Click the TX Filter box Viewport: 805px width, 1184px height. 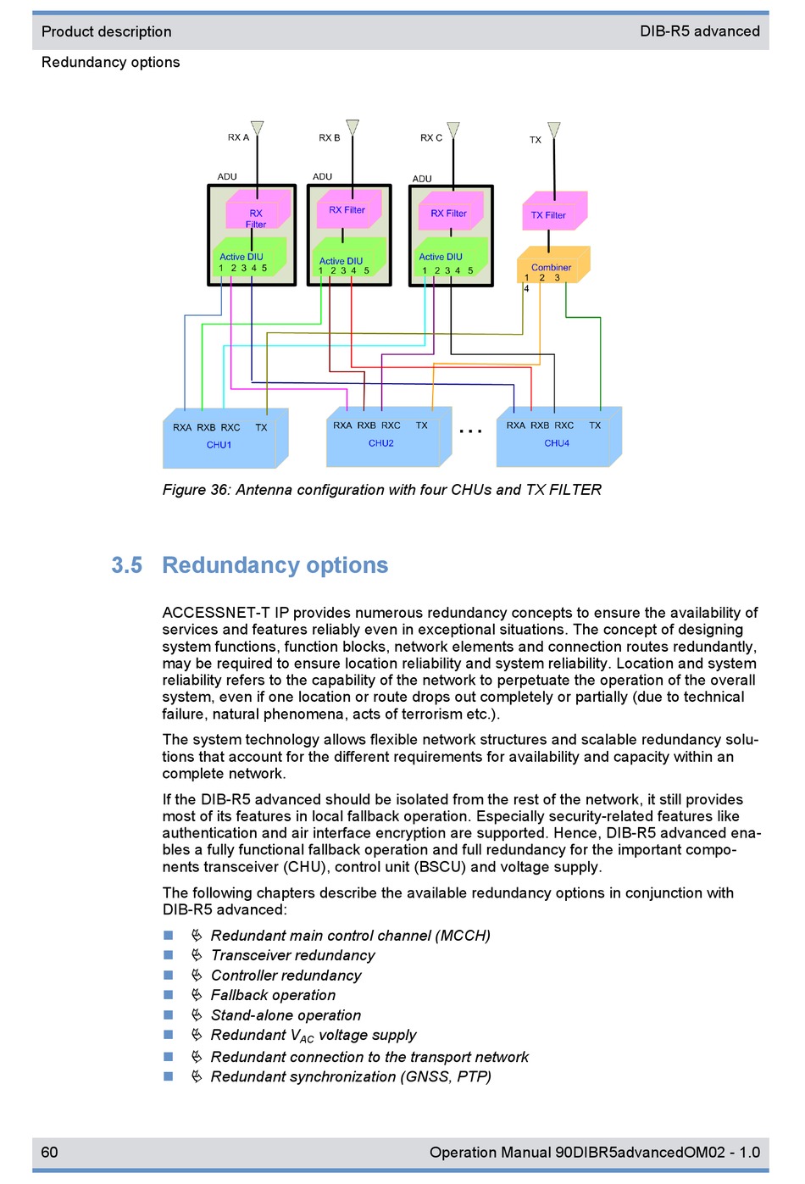point(554,211)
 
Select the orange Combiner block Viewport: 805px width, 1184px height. point(552,264)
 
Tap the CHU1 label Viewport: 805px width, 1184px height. point(219,445)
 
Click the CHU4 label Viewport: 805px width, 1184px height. point(557,443)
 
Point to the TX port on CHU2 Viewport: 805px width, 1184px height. point(421,425)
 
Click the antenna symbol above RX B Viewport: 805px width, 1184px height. point(352,127)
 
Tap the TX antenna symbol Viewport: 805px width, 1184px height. point(553,130)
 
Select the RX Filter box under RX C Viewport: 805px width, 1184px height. point(450,211)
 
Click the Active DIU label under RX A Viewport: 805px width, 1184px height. point(241,257)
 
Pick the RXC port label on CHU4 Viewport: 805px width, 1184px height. point(563,425)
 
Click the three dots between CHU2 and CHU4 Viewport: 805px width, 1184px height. point(470,432)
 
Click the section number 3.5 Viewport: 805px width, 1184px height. point(127,565)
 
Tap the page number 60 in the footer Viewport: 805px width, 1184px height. point(49,1152)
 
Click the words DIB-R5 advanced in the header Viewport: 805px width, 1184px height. point(699,31)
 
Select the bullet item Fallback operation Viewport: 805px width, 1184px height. point(273,995)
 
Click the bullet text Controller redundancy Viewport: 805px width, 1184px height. point(286,976)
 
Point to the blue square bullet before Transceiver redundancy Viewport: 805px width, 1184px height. point(168,955)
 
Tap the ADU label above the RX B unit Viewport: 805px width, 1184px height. point(322,176)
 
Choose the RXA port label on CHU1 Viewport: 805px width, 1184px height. point(182,428)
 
